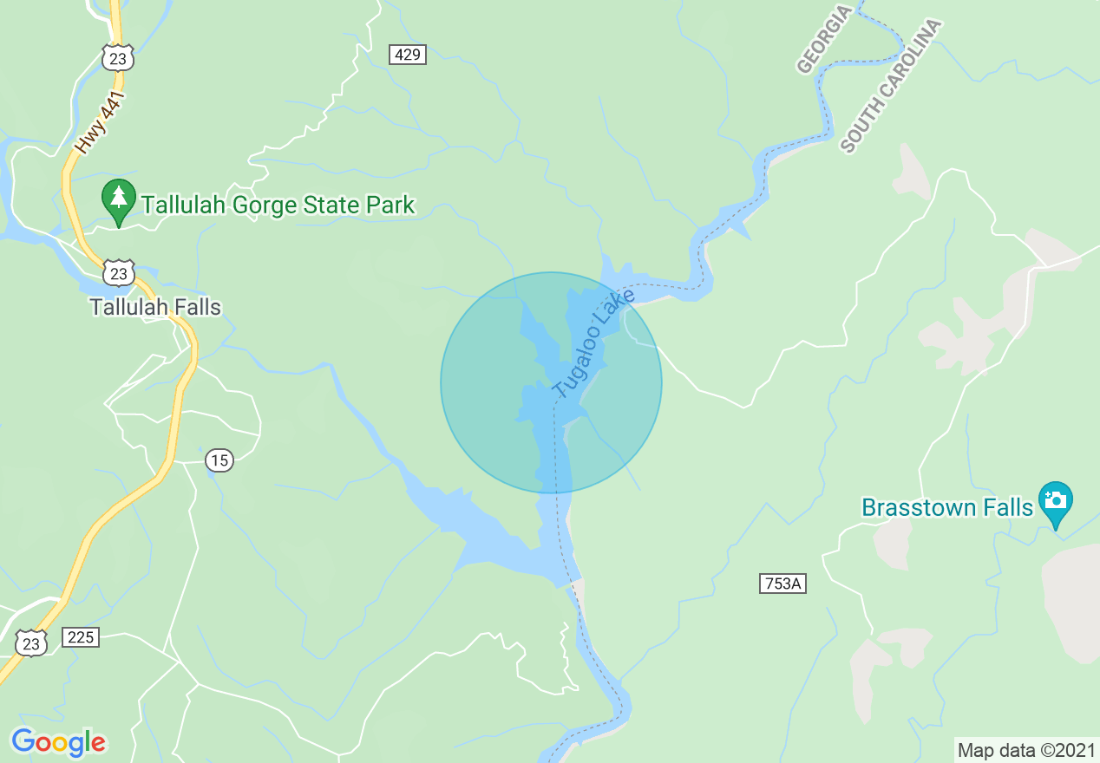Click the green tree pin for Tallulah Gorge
[x=119, y=200]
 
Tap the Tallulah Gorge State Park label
[x=278, y=205]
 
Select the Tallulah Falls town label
[x=156, y=308]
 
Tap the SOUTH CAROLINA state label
[x=891, y=87]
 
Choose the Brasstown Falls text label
[x=947, y=506]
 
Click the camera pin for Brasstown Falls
[x=1055, y=501]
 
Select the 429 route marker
[x=407, y=55]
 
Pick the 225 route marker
[x=81, y=638]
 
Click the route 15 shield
[x=220, y=460]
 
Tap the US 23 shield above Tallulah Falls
[x=118, y=273]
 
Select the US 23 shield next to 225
[x=31, y=642]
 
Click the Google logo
[x=58, y=742]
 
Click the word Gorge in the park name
[x=260, y=205]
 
